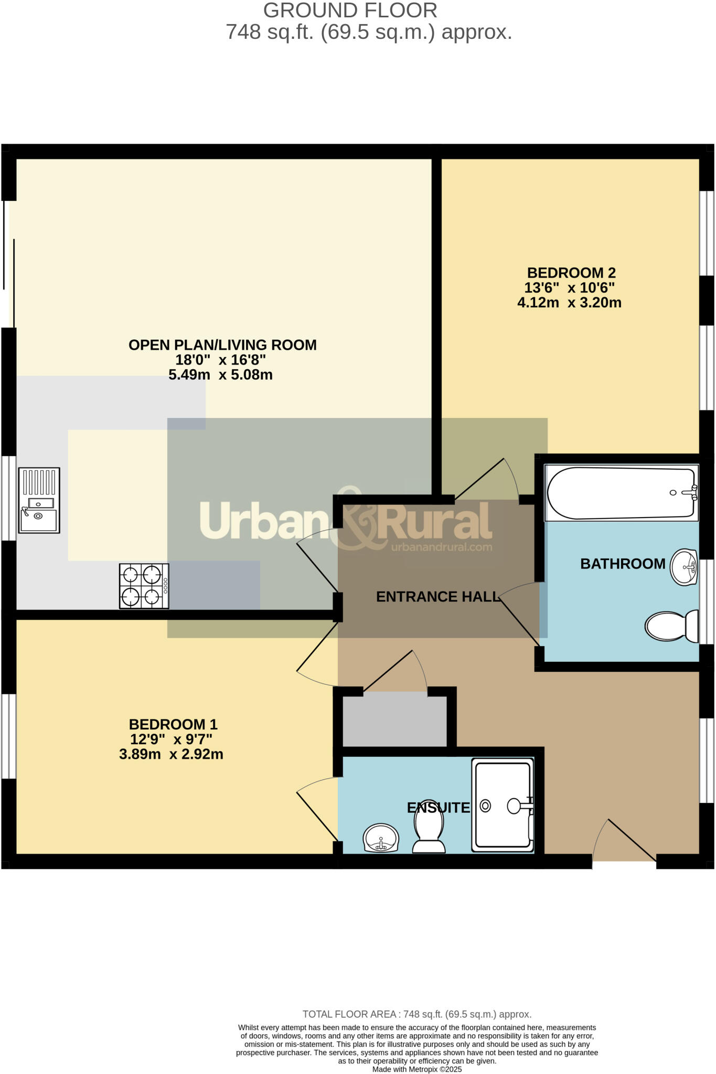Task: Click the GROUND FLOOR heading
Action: coord(350,10)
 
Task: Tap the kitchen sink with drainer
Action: coord(39,500)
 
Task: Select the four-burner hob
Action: coord(144,586)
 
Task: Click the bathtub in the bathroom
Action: coord(621,493)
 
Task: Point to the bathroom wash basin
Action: coord(683,567)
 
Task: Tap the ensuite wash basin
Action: coord(381,837)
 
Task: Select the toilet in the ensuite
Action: coord(429,833)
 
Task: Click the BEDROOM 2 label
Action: coord(571,273)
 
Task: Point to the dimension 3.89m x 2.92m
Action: coord(171,754)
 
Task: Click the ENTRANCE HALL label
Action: coord(437,596)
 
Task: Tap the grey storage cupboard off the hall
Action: coord(394,719)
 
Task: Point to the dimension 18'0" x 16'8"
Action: coord(220,360)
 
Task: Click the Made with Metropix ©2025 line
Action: coord(416,1069)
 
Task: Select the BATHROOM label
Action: coord(622,564)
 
